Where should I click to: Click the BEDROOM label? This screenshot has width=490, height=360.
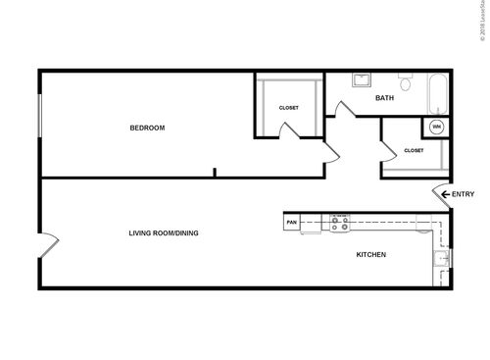(147, 128)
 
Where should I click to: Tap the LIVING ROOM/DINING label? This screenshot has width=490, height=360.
(164, 233)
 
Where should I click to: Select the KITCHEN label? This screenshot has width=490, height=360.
(370, 255)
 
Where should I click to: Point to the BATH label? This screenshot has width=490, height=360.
(385, 98)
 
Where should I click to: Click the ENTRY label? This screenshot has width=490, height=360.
(464, 194)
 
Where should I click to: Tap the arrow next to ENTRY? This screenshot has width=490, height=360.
(445, 194)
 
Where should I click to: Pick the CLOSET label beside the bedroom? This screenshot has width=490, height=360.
(289, 107)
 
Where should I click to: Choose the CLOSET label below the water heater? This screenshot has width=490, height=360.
(414, 150)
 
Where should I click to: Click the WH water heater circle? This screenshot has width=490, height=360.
(436, 128)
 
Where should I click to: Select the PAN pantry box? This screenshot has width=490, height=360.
(291, 223)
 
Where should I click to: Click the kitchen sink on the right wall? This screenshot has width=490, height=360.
(441, 259)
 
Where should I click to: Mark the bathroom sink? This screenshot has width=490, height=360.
(360, 80)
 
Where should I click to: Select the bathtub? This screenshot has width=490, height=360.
(437, 92)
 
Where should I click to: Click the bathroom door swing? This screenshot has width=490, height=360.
(344, 108)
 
